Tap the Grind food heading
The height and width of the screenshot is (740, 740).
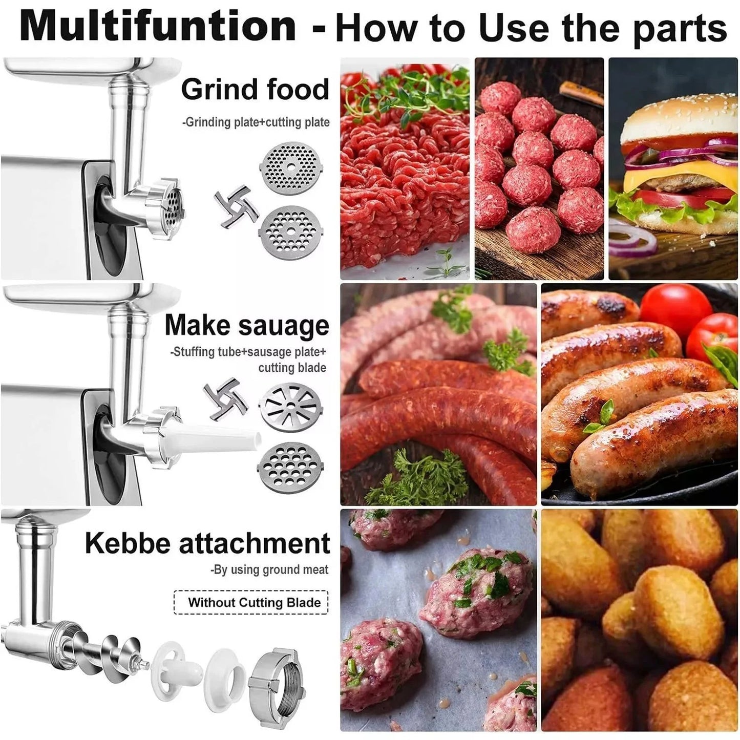(255, 90)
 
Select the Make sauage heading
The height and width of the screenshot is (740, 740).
(246, 326)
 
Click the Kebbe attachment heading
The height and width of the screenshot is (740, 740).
(207, 543)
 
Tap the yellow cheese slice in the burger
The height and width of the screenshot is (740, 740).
(666, 177)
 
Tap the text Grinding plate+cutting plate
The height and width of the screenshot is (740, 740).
(256, 122)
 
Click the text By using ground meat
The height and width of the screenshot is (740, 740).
(269, 569)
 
